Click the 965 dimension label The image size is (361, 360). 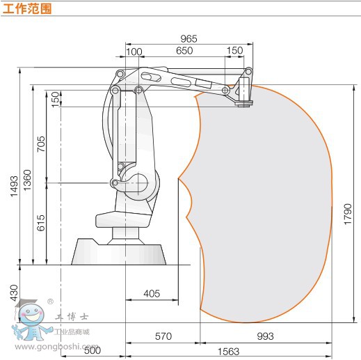point(188,39)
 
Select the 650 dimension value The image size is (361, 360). point(184,51)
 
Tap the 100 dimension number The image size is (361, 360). point(134,52)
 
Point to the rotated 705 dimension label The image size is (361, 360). point(41,144)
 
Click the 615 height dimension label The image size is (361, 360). point(41,223)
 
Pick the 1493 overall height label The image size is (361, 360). point(14,187)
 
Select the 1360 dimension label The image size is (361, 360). point(27,180)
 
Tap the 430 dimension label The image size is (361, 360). point(14,293)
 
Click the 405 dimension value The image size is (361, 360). point(152,294)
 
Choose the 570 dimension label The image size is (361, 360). point(163,336)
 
